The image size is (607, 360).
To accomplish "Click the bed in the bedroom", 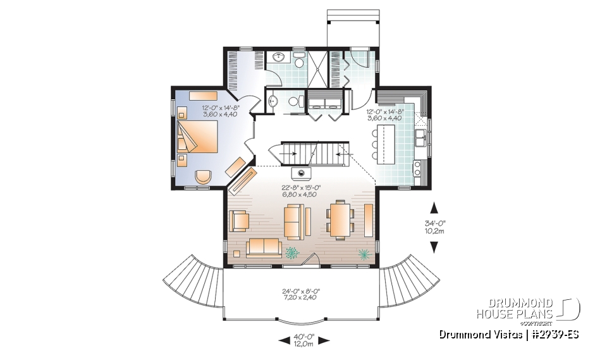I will click(x=199, y=137).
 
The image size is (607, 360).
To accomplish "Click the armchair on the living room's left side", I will click(x=240, y=220).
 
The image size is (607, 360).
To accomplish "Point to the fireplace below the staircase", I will click(x=300, y=171).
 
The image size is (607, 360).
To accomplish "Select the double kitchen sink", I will click(x=420, y=135).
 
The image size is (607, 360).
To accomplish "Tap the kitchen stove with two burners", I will click(x=419, y=168).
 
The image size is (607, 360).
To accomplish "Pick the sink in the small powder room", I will click(x=273, y=101).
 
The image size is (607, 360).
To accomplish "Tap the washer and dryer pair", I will click(x=325, y=102).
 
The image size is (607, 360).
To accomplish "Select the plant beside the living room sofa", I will click(x=292, y=253).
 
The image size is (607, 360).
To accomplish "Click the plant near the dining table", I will click(x=364, y=254).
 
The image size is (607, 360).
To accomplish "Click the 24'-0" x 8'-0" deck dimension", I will click(x=300, y=294).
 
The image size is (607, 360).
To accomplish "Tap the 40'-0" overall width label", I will click(x=305, y=340).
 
